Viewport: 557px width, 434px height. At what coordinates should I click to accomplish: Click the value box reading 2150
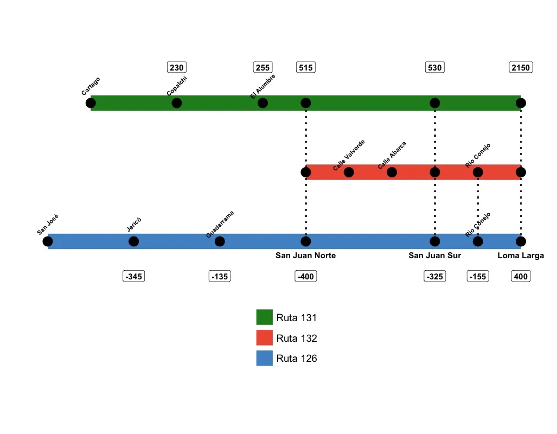click(521, 68)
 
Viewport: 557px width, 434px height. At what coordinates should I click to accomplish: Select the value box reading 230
click(177, 68)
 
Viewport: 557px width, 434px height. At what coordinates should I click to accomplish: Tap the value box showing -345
click(133, 277)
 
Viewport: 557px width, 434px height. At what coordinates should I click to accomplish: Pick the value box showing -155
click(478, 277)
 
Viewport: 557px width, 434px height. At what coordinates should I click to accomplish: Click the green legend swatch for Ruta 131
click(264, 317)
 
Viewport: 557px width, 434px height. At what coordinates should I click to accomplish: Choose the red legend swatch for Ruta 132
click(264, 338)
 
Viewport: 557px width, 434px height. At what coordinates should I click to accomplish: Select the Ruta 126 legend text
click(297, 359)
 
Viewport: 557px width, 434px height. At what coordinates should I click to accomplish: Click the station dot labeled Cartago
click(91, 103)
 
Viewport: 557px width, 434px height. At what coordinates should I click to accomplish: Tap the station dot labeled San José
click(48, 241)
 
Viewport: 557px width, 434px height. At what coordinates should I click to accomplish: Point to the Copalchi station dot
click(177, 103)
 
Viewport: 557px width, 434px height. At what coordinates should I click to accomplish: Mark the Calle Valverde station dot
click(349, 173)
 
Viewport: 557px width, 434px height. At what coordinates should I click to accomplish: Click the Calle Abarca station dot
click(392, 173)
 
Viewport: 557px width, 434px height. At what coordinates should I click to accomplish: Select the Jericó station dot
click(133, 241)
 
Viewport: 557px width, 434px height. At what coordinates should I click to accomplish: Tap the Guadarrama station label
click(220, 224)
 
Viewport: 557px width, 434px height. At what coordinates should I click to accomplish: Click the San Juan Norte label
click(306, 256)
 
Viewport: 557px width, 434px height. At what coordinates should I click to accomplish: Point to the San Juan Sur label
click(435, 256)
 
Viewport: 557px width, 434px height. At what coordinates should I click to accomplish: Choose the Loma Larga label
click(521, 256)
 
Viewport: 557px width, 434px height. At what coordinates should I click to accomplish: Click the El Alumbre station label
click(263, 86)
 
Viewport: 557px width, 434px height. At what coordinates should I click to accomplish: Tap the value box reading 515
click(306, 68)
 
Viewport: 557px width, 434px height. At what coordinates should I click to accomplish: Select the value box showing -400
click(306, 277)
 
